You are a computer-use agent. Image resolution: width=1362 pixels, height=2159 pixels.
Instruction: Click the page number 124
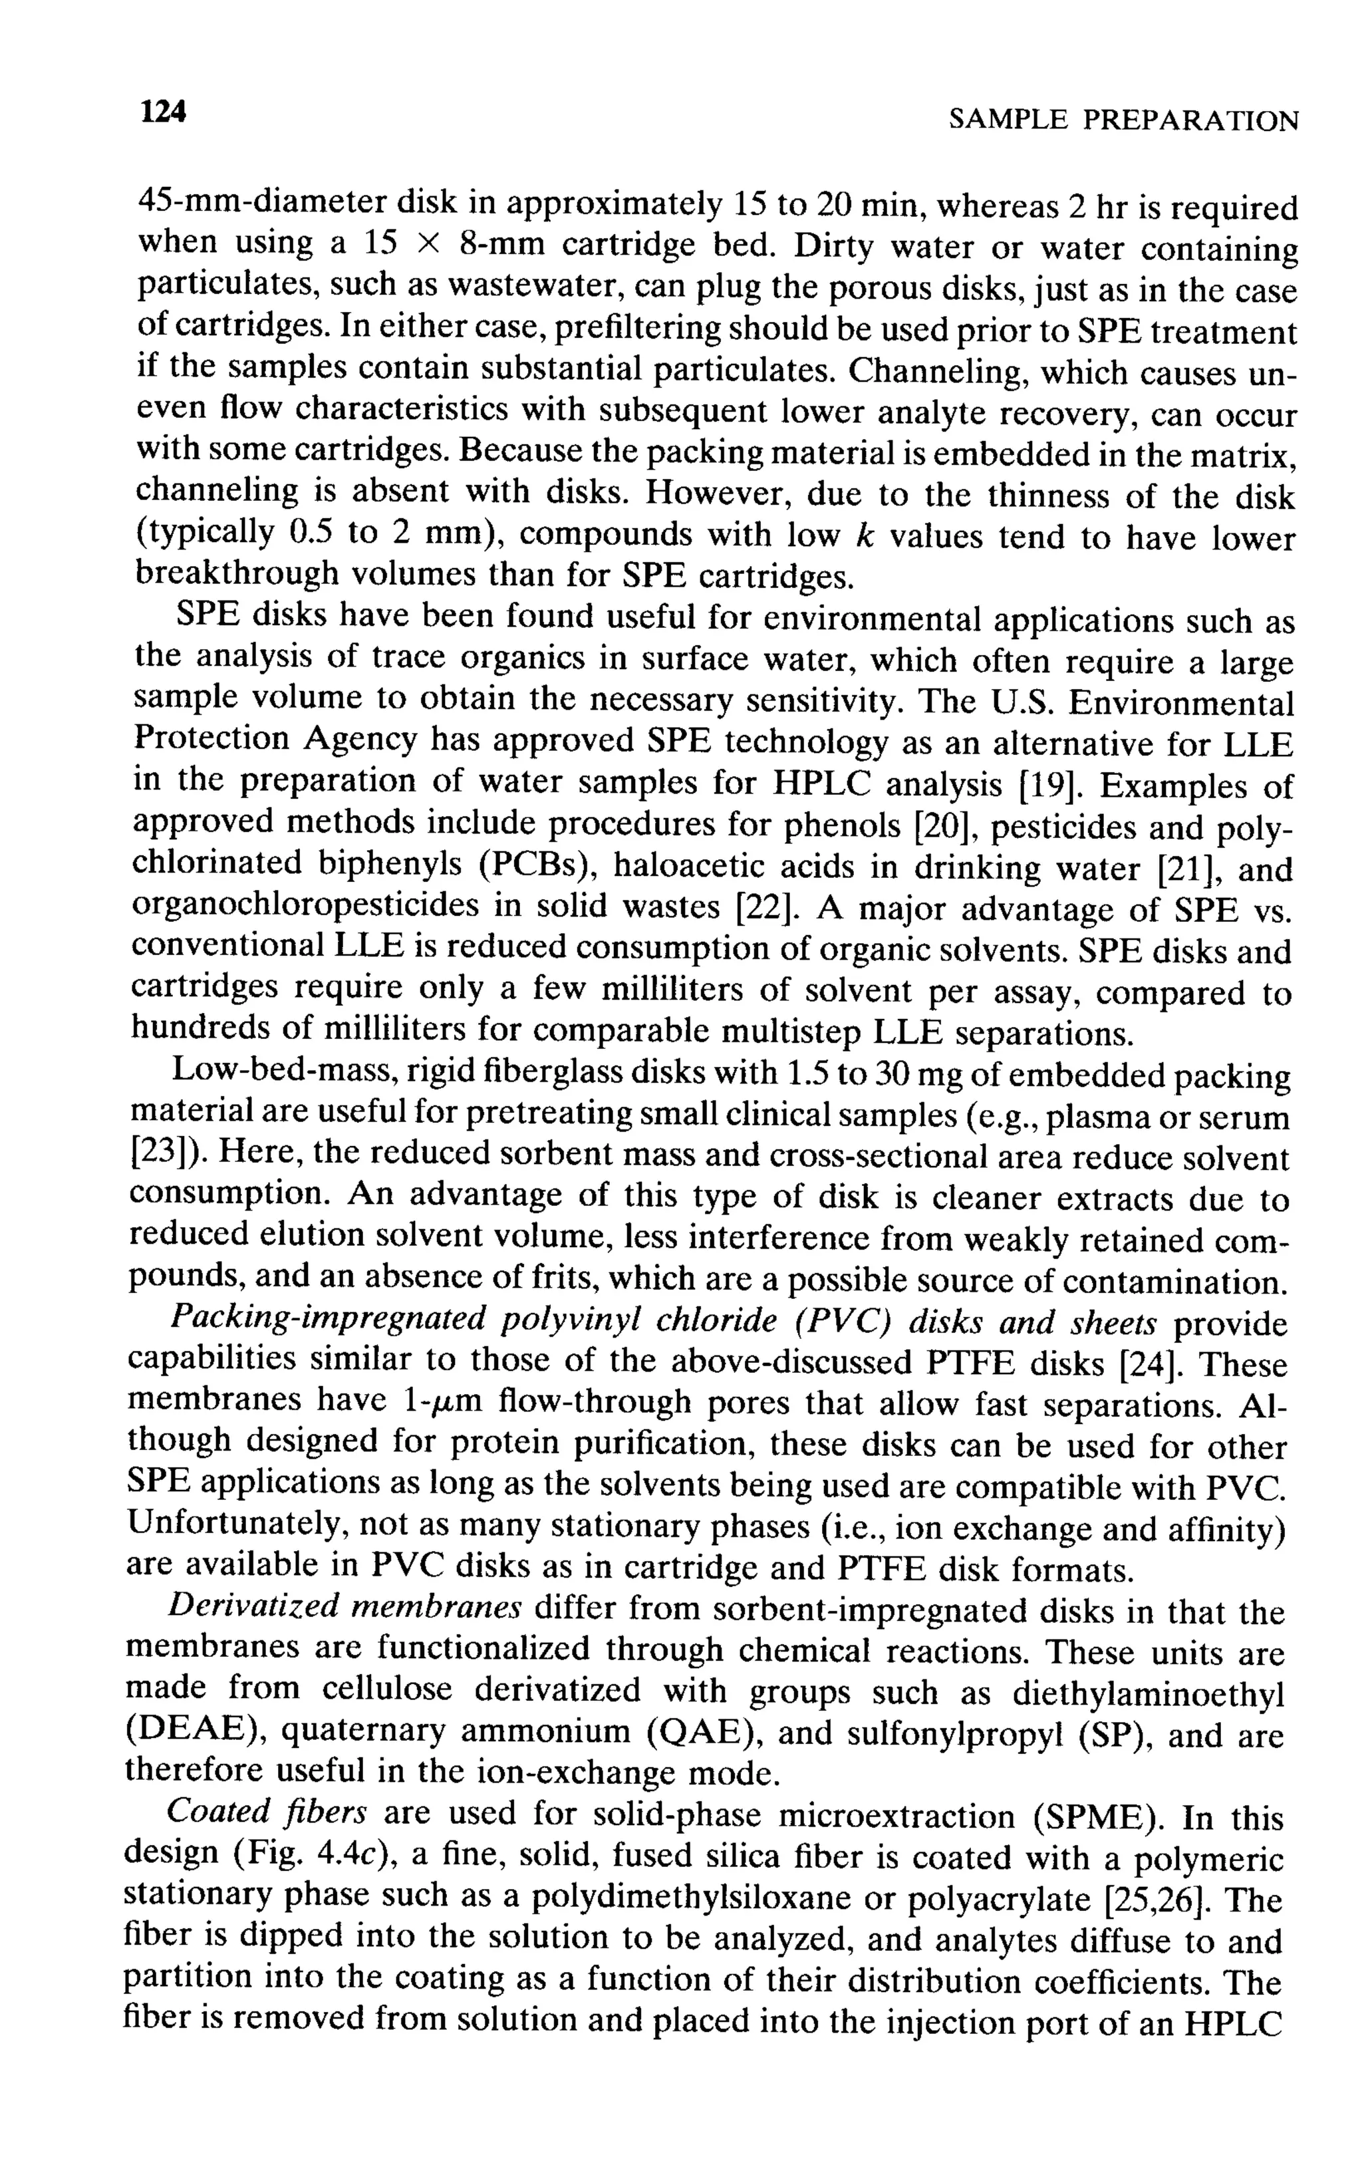(x=163, y=113)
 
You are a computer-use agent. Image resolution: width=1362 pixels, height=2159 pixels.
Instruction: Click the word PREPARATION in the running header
(x=1190, y=121)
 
